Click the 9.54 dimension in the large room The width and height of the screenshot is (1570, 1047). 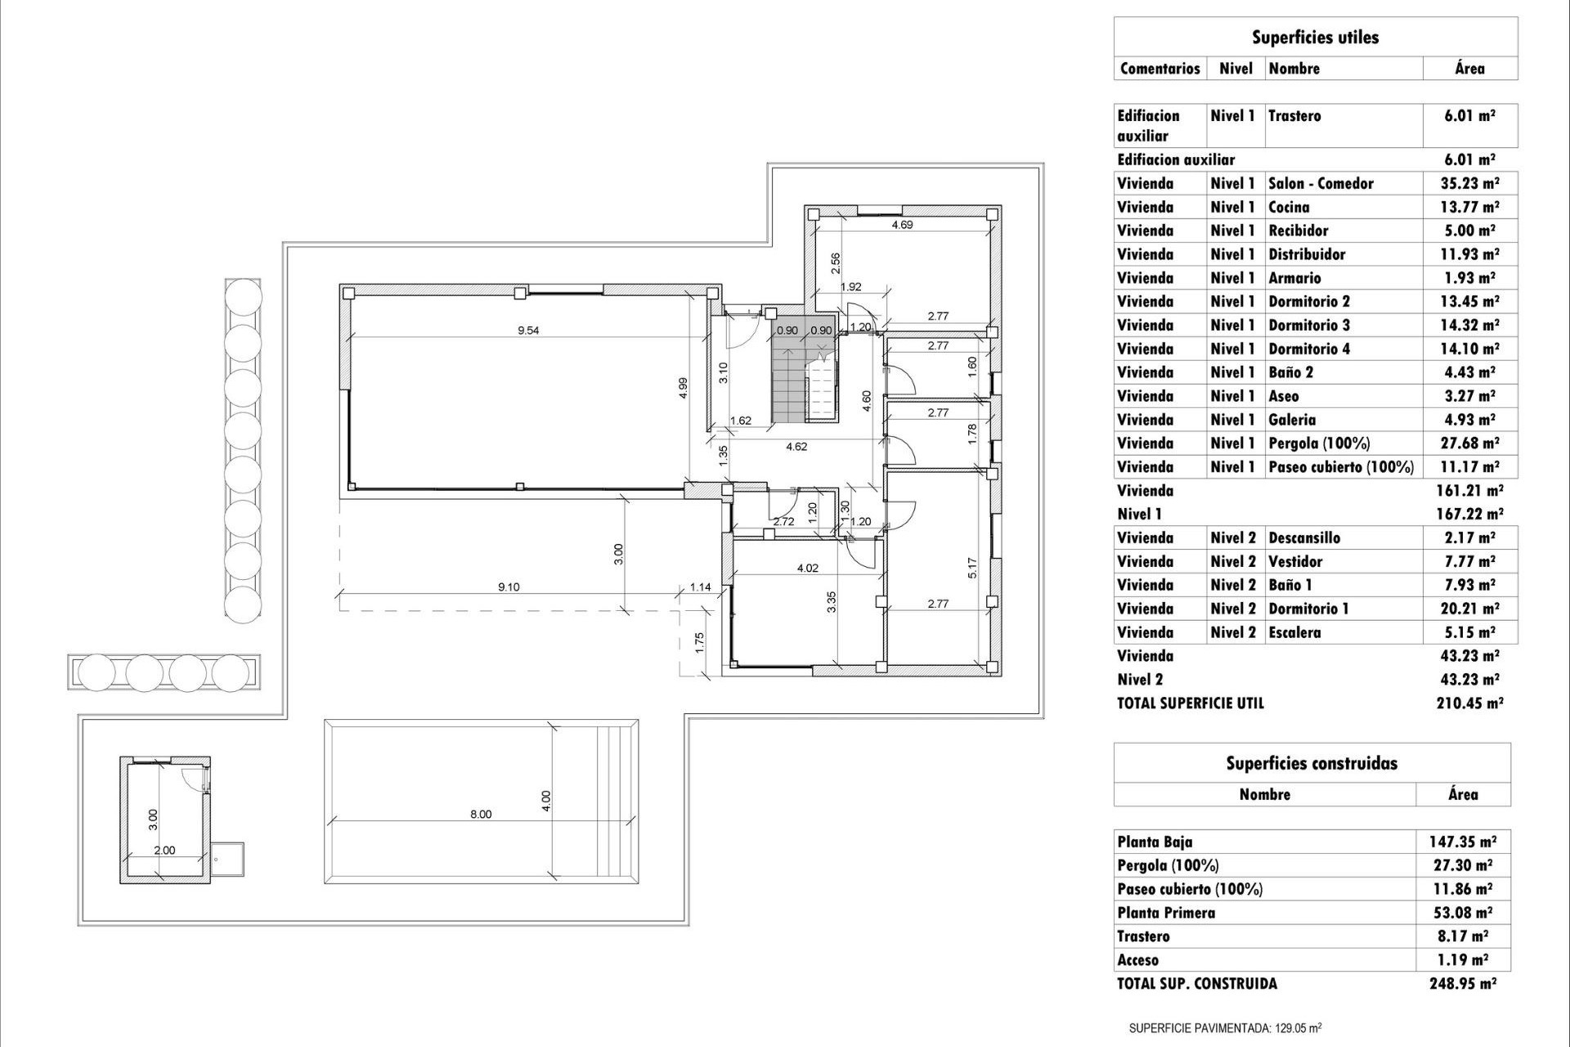tap(528, 330)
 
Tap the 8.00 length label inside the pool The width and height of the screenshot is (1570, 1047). tap(481, 814)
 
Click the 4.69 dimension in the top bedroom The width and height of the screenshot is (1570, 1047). tap(902, 224)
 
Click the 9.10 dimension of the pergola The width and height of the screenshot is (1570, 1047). tap(509, 586)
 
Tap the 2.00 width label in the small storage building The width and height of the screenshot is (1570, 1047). tap(164, 850)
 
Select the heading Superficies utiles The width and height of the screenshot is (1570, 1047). tap(1315, 37)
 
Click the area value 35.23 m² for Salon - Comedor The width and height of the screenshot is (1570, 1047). tap(1469, 183)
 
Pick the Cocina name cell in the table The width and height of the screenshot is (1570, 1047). tap(1289, 207)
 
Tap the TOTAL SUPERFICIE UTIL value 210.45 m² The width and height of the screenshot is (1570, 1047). tap(1469, 703)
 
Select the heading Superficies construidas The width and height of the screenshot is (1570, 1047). tap(1312, 763)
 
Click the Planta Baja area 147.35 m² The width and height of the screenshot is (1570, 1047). tap(1463, 842)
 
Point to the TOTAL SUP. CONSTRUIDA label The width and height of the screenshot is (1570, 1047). tap(1197, 984)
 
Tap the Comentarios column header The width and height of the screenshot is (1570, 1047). tap(1160, 68)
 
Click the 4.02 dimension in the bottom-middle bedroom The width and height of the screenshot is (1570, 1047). tap(807, 568)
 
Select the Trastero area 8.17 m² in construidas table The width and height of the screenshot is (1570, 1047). tap(1463, 937)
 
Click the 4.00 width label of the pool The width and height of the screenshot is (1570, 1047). tap(546, 801)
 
